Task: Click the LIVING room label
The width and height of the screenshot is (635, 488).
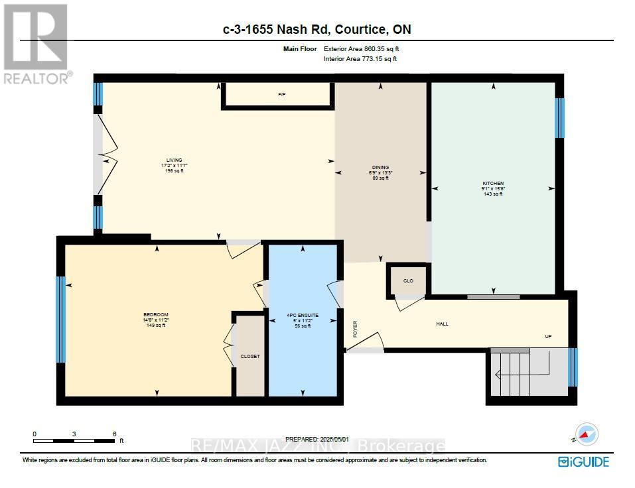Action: (175, 160)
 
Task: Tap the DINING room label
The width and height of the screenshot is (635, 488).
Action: (380, 168)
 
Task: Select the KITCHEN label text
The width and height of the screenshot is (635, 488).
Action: (493, 184)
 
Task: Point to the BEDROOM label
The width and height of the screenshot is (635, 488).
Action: (156, 314)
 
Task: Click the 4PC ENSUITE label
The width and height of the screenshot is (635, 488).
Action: (303, 315)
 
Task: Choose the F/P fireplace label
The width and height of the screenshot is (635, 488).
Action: (281, 95)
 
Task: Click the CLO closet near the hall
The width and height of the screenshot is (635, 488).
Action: (408, 280)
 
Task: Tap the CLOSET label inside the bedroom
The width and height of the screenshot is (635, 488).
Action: (250, 357)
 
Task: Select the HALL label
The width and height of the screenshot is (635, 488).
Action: (442, 324)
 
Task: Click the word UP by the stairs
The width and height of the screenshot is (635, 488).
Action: (548, 336)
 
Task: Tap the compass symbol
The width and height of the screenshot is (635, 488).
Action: (585, 435)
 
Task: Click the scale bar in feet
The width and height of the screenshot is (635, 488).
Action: (74, 440)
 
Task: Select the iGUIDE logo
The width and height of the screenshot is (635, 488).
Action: (583, 462)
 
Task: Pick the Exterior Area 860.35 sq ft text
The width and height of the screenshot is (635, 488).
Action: (362, 48)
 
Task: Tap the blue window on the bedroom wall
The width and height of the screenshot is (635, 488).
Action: (60, 319)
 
